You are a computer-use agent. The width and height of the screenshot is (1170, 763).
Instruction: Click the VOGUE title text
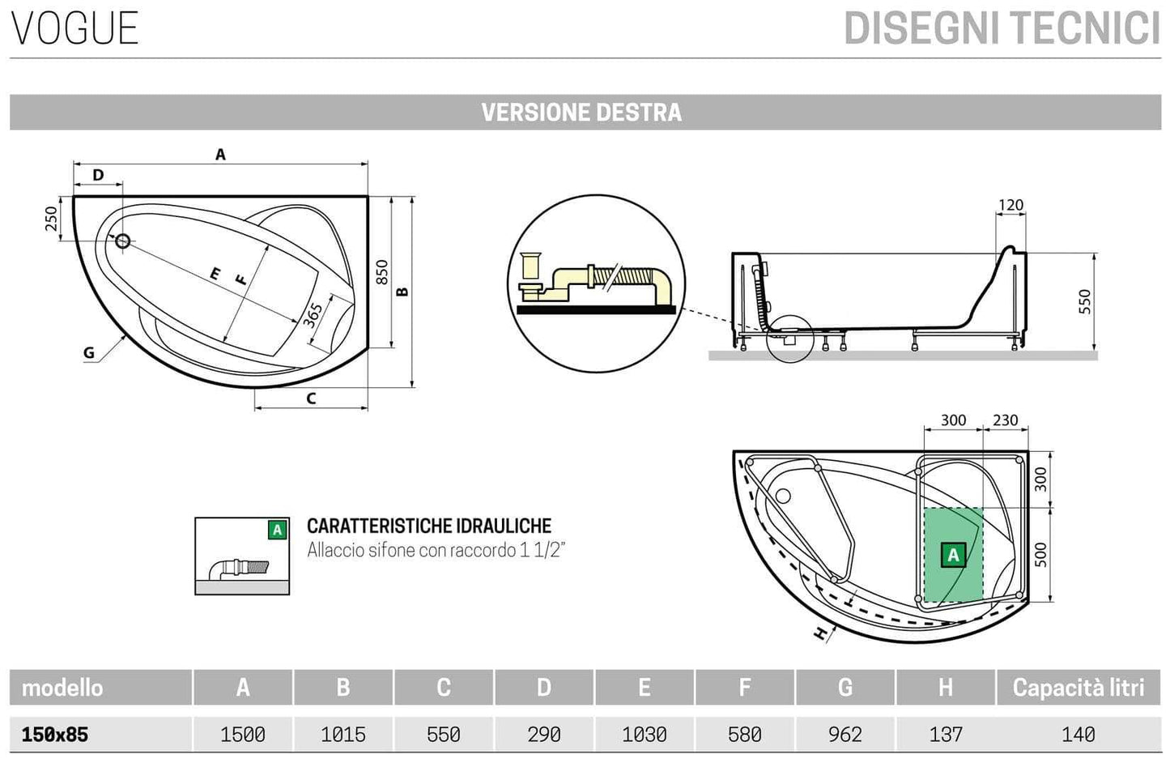[x=74, y=28]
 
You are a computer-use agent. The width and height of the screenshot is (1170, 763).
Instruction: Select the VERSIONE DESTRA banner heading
[x=581, y=113]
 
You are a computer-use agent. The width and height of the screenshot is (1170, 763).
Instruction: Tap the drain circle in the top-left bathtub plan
[x=123, y=241]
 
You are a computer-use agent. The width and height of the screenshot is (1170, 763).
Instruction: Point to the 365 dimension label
[x=313, y=314]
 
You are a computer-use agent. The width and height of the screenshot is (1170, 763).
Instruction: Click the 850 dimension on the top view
[x=382, y=273]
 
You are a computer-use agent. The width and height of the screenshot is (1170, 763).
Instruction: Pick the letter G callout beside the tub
[x=89, y=352]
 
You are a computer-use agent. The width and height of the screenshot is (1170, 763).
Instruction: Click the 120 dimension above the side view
[x=1010, y=205]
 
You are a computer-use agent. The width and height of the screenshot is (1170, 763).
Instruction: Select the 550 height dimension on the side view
[x=1085, y=301]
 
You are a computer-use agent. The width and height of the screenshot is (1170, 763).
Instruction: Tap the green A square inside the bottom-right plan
[x=953, y=555]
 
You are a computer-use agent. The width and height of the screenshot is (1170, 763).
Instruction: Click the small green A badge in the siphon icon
[x=278, y=530]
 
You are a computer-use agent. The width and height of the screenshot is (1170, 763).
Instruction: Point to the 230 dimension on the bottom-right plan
[x=1005, y=420]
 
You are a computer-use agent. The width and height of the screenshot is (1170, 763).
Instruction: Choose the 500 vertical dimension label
[x=1041, y=554]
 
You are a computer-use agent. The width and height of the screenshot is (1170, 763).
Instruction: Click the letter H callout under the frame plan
[x=822, y=634]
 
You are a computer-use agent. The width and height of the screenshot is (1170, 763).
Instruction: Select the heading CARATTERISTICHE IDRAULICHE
[x=428, y=526]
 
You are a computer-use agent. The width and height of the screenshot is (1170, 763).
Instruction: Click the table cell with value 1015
[x=342, y=735]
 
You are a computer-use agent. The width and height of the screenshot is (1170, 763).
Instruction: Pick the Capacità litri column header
[x=1078, y=688]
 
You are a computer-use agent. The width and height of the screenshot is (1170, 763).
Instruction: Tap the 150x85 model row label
[x=55, y=735]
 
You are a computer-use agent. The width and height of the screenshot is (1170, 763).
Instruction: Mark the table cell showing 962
[x=845, y=735]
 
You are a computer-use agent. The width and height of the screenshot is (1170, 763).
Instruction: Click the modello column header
[x=62, y=688]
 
